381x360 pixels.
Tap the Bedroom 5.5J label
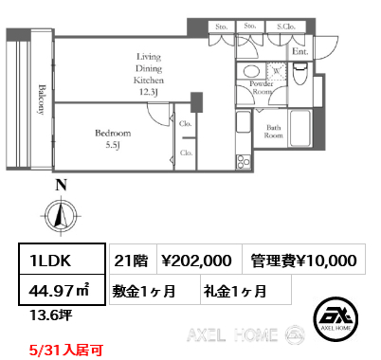(113, 139)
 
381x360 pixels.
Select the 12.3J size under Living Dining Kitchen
(149, 93)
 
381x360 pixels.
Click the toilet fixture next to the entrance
(299, 74)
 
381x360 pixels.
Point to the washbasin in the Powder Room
(251, 71)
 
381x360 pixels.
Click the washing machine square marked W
(277, 71)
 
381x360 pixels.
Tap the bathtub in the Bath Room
(299, 128)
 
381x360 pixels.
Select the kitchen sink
(244, 122)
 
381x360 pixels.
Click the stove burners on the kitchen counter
(244, 161)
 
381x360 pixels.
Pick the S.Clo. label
(286, 27)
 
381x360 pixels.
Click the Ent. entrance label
(299, 51)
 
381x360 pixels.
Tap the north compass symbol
(61, 216)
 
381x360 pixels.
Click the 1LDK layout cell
(62, 259)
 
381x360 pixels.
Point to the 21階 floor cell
(133, 259)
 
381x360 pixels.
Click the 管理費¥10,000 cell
(303, 259)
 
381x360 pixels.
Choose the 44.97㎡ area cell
(62, 290)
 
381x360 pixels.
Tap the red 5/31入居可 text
(65, 351)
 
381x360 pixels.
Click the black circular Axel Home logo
(336, 318)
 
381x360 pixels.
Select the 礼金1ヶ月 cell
(245, 290)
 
